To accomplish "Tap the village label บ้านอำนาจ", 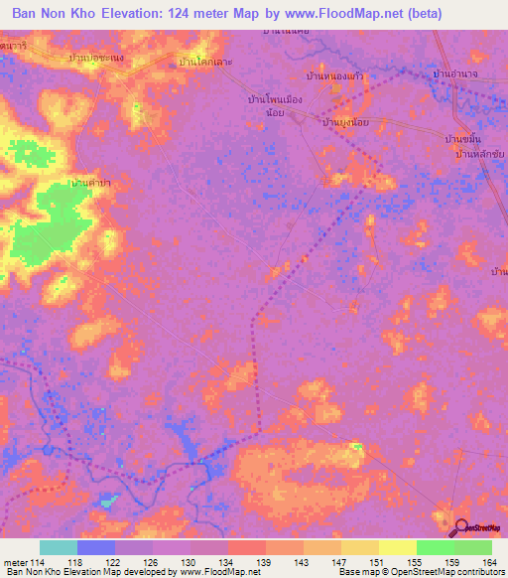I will tap(456, 74).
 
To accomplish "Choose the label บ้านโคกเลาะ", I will tap(205, 62).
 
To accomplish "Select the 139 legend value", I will tap(245, 561).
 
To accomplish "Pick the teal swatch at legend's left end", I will tap(59, 547).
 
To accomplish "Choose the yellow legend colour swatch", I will tap(397, 547).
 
